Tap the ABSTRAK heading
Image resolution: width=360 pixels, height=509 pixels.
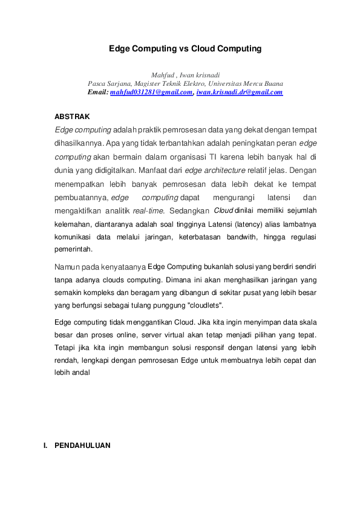(72, 115)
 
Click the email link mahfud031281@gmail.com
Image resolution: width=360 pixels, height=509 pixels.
(151, 92)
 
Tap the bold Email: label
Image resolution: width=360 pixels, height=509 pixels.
(98, 92)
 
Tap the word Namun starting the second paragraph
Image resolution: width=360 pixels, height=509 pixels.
(67, 266)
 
